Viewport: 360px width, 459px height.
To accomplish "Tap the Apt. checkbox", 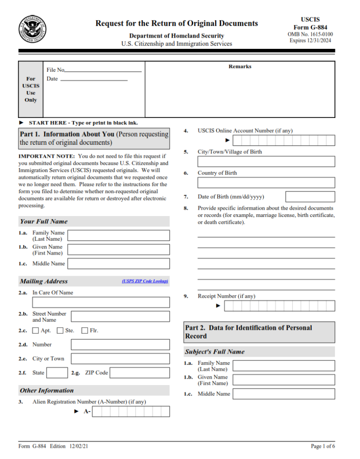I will (36, 331).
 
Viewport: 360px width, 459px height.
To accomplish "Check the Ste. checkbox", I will (60, 331).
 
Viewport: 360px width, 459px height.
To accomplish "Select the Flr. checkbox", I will (85, 331).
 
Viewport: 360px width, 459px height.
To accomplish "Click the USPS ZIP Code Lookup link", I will (145, 281).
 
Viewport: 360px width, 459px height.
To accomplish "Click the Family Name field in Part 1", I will (119, 235).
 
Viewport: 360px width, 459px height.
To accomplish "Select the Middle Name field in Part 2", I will (284, 394).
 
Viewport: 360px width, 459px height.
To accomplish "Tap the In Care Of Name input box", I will (101, 302).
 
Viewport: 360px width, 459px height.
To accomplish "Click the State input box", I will (57, 372).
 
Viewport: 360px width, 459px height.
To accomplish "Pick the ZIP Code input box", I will (140, 372).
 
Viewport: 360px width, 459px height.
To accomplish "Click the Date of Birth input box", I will (310, 197).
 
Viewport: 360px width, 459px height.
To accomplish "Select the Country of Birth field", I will (266, 182).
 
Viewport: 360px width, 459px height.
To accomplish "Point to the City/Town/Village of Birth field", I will (266, 161).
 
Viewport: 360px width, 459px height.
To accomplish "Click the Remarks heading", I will (240, 67).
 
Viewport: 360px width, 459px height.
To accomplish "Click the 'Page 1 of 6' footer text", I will (323, 446).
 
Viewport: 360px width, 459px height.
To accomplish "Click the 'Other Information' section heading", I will (47, 390).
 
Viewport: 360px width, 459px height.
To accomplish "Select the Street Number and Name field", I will (120, 316).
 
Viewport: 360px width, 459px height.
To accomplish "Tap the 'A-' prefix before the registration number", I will (87, 411).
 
